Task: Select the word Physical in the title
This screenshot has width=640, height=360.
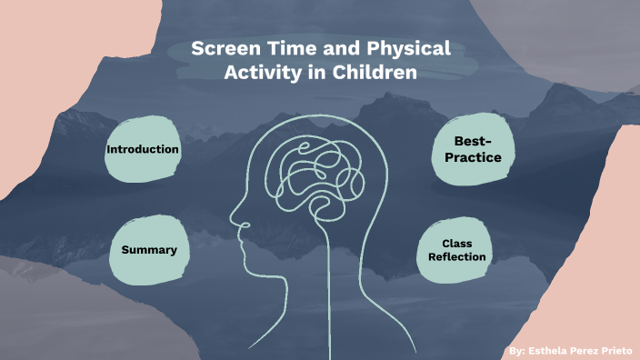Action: pyautogui.click(x=411, y=51)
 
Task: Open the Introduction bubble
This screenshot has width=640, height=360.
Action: pyautogui.click(x=142, y=149)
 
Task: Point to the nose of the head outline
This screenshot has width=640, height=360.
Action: pyautogui.click(x=234, y=219)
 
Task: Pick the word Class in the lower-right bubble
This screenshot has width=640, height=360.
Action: pyautogui.click(x=457, y=244)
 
